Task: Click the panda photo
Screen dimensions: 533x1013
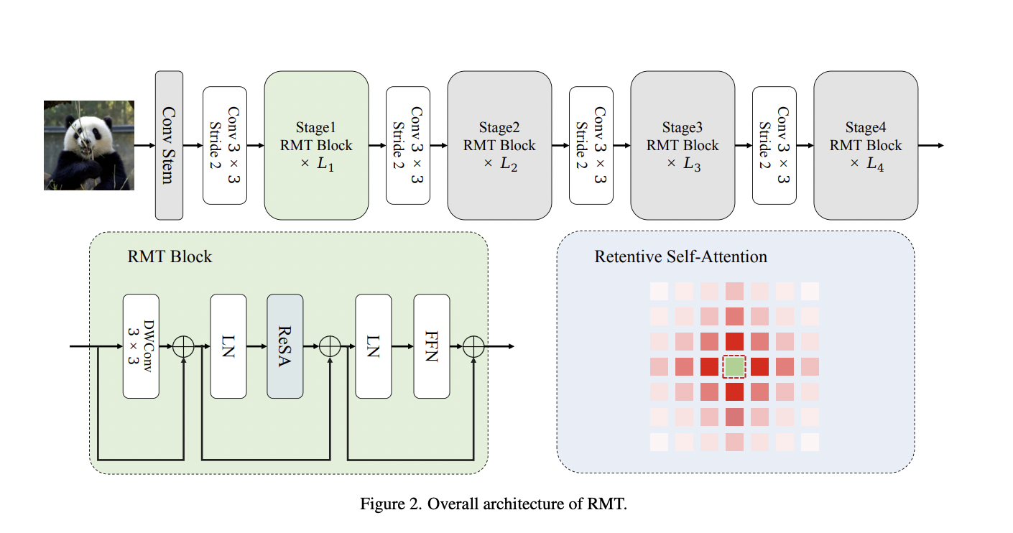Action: pyautogui.click(x=89, y=145)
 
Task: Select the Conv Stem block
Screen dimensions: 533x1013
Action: pyautogui.click(x=170, y=145)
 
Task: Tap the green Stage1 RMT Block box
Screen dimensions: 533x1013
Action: pyautogui.click(x=316, y=145)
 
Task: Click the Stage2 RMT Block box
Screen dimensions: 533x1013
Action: pyautogui.click(x=499, y=145)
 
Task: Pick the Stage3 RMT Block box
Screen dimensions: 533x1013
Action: pyautogui.click(x=683, y=145)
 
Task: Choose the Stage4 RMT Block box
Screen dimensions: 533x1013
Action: pyautogui.click(x=866, y=145)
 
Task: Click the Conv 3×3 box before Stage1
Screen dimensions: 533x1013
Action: pyautogui.click(x=225, y=145)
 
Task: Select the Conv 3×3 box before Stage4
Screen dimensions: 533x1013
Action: pyautogui.click(x=774, y=145)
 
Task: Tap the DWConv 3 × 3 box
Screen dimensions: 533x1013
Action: pyautogui.click(x=141, y=346)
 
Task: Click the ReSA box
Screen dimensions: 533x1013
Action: pyautogui.click(x=285, y=346)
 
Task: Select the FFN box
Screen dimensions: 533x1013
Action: pyautogui.click(x=431, y=346)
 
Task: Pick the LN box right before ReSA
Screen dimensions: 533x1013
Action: pyautogui.click(x=228, y=346)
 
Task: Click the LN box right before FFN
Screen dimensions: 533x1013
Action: pyautogui.click(x=374, y=346)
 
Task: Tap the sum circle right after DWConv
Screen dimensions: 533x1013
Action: pyautogui.click(x=184, y=346)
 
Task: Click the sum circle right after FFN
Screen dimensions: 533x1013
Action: pyautogui.click(x=474, y=346)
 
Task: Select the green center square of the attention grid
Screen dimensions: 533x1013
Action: pyautogui.click(x=734, y=366)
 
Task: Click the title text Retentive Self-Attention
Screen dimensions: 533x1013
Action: pyautogui.click(x=680, y=256)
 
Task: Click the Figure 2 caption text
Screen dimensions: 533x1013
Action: pyautogui.click(x=494, y=504)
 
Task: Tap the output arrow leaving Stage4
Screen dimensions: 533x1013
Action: pyautogui.click(x=930, y=145)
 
